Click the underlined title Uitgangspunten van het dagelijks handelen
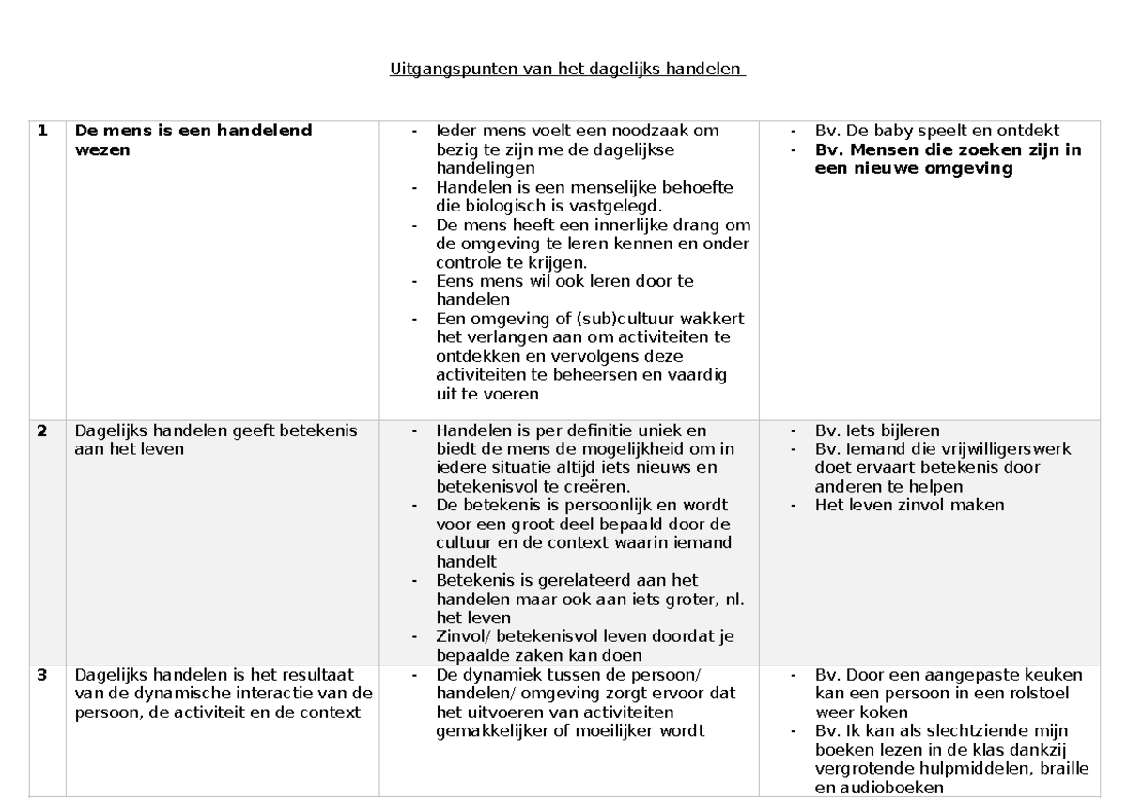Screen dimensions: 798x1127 coord(566,70)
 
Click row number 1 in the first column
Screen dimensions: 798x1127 coord(42,132)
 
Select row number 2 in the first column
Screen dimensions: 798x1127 coord(42,431)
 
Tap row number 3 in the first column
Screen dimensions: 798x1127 coord(42,674)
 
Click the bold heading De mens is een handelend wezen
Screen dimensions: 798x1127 coord(193,140)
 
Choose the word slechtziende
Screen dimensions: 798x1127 coord(978,730)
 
